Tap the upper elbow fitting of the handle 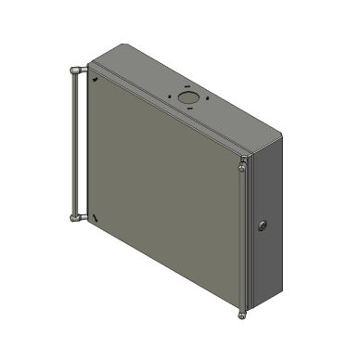pyautogui.click(x=75, y=71)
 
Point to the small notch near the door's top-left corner pyautogui.click(x=94, y=81)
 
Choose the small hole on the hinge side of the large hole pyautogui.click(x=204, y=101)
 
